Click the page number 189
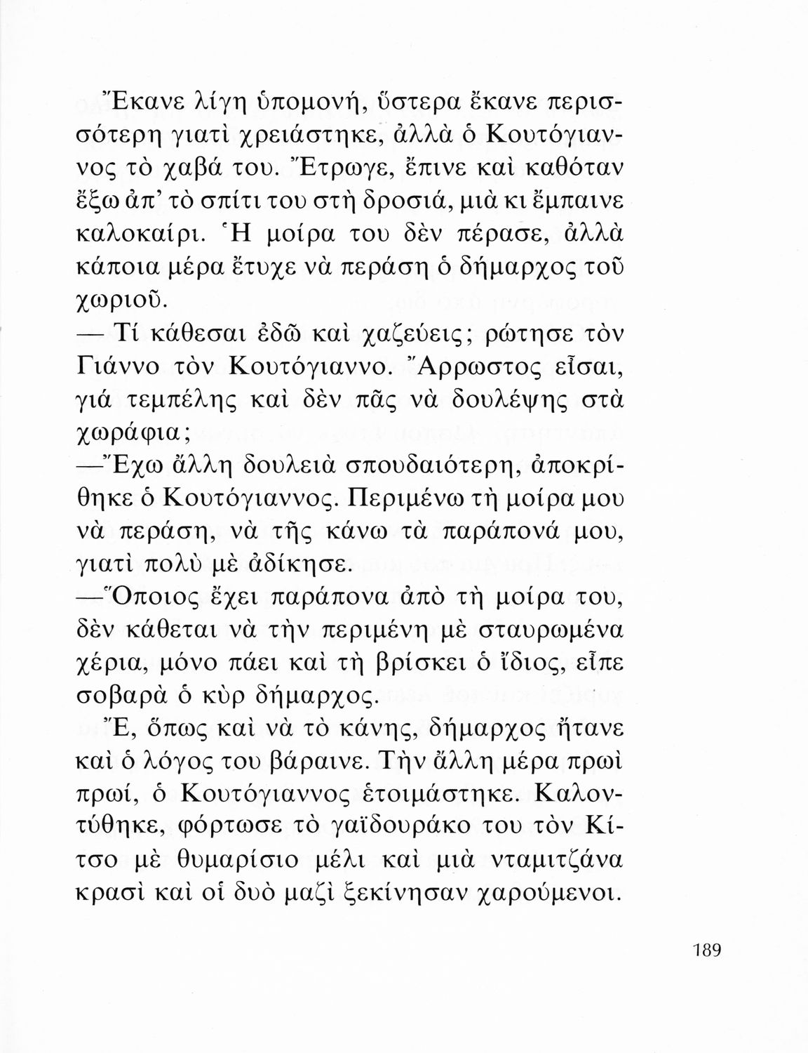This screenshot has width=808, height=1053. [700, 951]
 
